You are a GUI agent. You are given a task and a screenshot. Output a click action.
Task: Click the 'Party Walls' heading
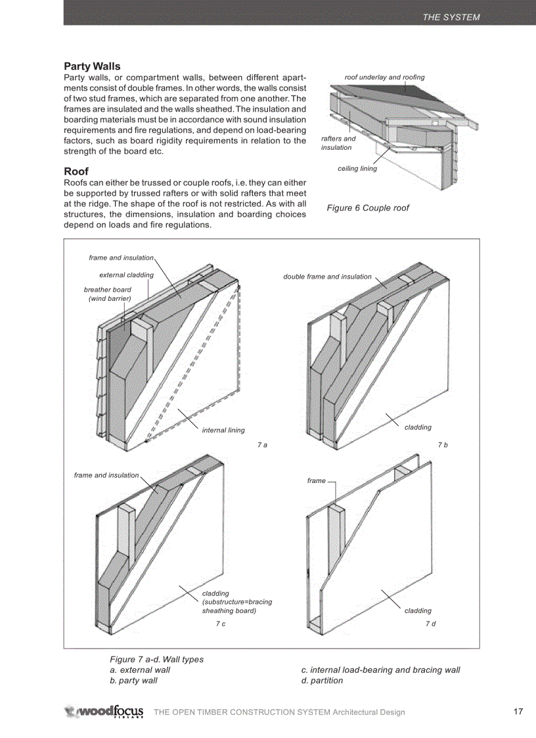coord(92,66)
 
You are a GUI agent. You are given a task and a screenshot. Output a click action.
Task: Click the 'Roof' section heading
coord(76,172)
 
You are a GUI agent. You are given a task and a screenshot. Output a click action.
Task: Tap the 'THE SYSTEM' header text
coord(451,17)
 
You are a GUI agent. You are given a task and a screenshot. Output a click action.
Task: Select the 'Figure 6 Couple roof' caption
coord(368,208)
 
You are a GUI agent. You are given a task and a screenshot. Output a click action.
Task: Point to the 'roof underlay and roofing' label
coord(384,77)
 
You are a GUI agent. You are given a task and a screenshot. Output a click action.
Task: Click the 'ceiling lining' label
coord(357,169)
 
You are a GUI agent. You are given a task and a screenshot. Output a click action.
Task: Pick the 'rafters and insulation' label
coord(338,143)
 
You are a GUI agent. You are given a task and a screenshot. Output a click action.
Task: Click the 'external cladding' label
coord(126,275)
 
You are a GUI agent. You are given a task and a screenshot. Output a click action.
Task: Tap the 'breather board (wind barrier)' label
coord(108,294)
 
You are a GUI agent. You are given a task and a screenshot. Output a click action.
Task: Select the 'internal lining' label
coord(223,430)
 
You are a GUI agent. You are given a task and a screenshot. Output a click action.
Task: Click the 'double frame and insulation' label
coord(327,277)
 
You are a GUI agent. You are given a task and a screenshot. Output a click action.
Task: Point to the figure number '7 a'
coord(262,446)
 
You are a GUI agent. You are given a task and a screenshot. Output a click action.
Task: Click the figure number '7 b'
coord(443,446)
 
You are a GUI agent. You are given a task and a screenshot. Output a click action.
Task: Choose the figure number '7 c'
coord(221,624)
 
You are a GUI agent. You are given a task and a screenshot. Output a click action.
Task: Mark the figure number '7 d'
coord(430,624)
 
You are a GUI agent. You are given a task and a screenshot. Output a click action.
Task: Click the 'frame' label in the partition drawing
coord(316,481)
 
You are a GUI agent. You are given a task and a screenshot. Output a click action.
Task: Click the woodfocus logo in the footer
coord(104,712)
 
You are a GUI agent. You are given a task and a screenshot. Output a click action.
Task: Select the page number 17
coord(518,712)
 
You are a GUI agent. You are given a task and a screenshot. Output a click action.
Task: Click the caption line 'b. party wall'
coord(133,681)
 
